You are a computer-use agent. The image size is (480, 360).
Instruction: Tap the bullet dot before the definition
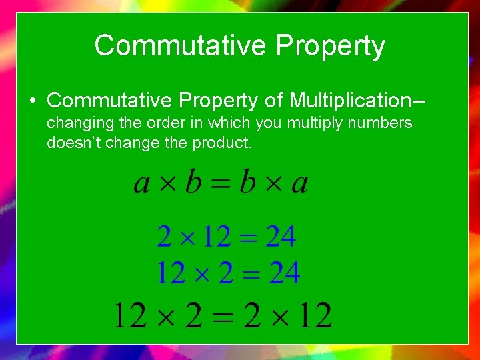32,101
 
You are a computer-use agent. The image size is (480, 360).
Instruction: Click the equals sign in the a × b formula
221,183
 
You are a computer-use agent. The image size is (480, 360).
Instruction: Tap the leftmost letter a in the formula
141,183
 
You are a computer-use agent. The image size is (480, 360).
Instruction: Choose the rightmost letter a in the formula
299,183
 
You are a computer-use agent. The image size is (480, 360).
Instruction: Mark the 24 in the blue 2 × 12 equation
281,237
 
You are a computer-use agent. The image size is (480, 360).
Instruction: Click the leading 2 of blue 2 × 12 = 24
164,237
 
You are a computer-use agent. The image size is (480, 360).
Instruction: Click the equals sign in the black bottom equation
223,315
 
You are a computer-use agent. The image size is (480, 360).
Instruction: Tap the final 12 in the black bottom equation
314,315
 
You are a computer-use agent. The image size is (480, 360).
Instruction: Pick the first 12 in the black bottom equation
129,315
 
